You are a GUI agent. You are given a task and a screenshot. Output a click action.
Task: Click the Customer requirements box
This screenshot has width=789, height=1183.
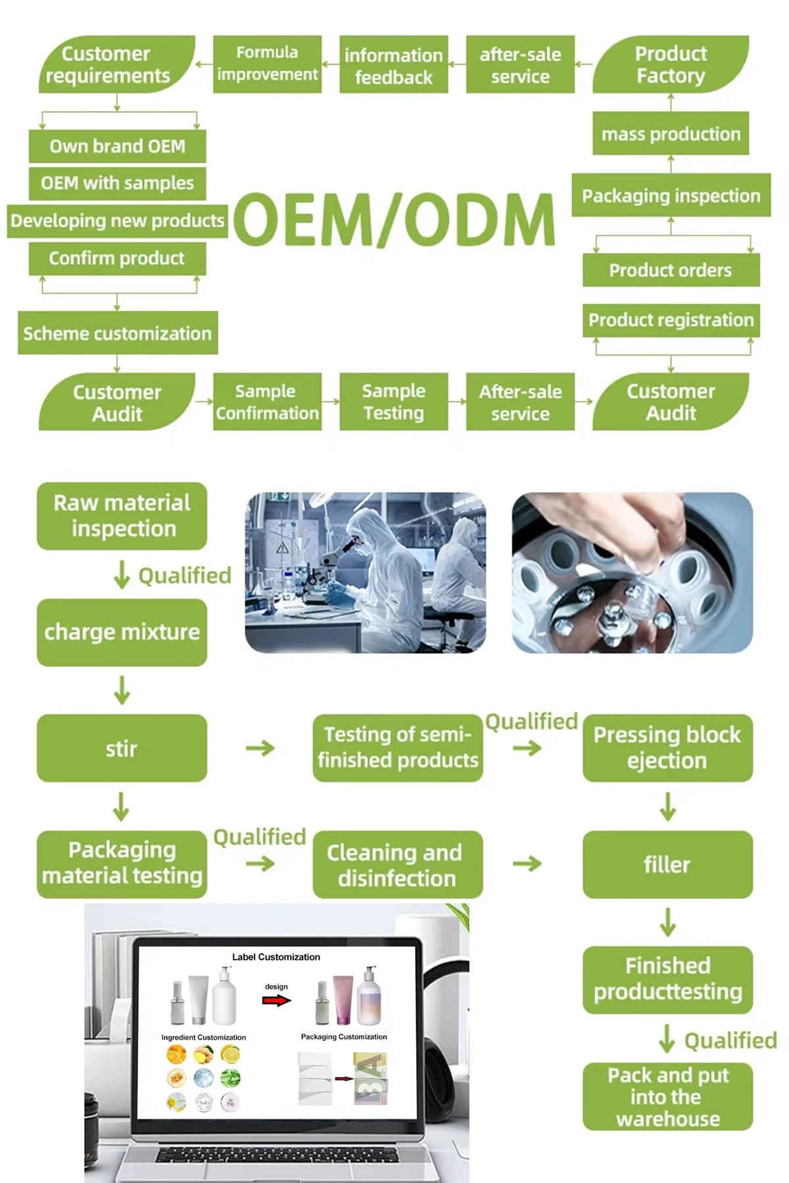[x=117, y=64]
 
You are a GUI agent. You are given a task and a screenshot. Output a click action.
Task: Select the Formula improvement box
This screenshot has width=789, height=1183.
[x=267, y=64]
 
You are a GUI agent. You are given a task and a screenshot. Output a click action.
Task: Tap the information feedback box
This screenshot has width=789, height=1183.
[x=393, y=65]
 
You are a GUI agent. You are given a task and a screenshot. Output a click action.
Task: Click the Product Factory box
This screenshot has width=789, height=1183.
[x=671, y=64]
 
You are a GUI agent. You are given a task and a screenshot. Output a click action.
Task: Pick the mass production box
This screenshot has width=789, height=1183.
[x=671, y=133]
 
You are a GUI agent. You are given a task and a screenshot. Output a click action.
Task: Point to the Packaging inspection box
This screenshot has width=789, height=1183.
[x=671, y=195]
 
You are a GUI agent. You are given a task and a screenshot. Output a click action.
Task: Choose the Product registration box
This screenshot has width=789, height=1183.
[x=671, y=320]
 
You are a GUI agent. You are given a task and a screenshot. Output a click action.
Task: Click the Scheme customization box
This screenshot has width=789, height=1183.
[x=118, y=333]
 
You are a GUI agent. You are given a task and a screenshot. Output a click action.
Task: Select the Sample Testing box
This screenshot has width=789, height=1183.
[x=393, y=402]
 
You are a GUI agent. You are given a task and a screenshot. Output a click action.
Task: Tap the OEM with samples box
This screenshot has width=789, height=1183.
[x=117, y=183]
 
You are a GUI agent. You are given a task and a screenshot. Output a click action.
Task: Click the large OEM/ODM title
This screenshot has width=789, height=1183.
[x=393, y=220]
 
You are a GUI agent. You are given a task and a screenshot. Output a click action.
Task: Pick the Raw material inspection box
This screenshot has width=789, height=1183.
[x=122, y=516]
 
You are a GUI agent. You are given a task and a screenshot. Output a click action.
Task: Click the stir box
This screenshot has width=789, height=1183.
[x=122, y=748]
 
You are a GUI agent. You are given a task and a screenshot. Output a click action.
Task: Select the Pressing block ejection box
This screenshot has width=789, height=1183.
[x=667, y=748]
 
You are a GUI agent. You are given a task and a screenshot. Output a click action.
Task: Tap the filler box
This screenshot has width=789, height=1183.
[x=667, y=864]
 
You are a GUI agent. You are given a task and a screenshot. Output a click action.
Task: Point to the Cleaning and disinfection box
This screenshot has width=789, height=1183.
[x=397, y=864]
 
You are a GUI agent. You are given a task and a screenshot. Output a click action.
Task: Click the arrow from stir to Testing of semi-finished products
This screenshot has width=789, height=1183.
[x=260, y=748]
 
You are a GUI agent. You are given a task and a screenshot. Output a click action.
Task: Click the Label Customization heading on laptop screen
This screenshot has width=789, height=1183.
[x=276, y=957]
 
